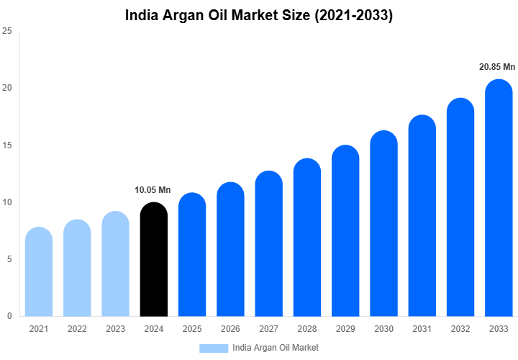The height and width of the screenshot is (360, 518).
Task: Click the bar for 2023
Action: point(115,264)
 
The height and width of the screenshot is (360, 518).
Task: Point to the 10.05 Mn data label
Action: point(153,190)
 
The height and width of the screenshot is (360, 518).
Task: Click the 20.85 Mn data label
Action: point(497,67)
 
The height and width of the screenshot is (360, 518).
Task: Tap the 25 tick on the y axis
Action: point(6,31)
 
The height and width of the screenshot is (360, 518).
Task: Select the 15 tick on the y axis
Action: point(6,145)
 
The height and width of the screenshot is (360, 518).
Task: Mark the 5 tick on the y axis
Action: point(9,259)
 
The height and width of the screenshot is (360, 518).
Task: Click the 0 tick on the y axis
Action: point(9,316)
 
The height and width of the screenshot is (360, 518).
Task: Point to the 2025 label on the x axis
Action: point(191,329)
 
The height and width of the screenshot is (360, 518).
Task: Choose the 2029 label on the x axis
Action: point(345,329)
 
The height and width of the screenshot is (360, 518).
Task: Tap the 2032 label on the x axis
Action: point(460,329)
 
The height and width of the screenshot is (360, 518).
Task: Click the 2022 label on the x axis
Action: point(76,329)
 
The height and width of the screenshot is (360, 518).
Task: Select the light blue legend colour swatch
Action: point(213,348)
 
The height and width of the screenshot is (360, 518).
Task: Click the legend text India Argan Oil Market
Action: point(276,348)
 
